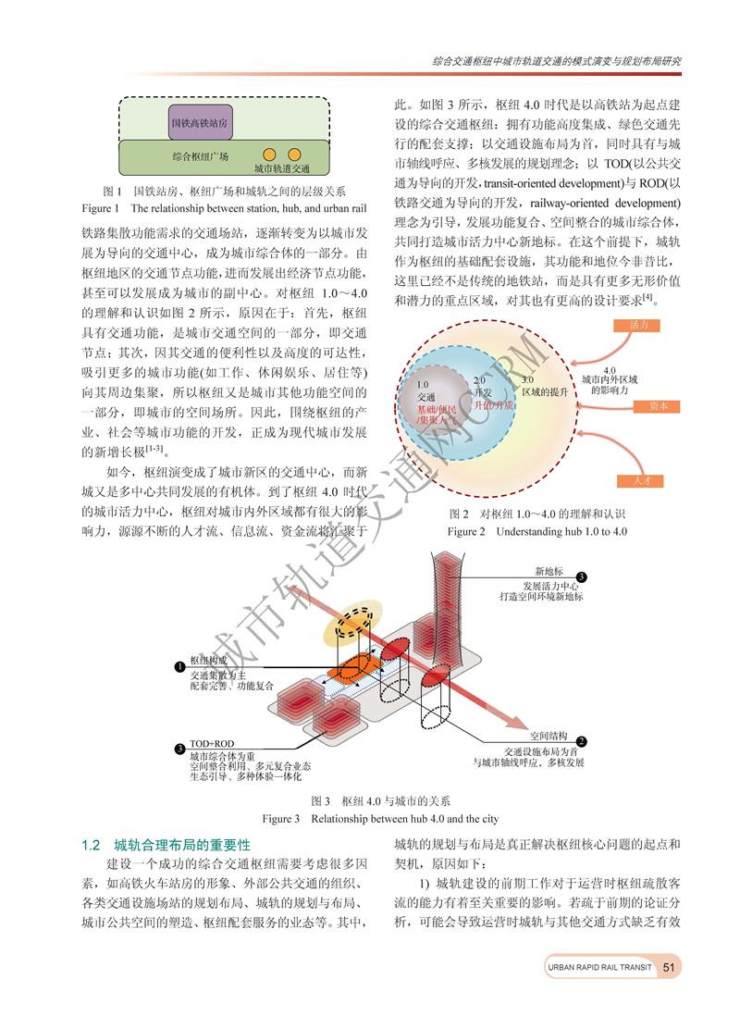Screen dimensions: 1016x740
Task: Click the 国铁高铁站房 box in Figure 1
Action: (199, 121)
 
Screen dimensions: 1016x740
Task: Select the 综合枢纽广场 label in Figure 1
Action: (201, 156)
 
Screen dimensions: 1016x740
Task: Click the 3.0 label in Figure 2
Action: (527, 380)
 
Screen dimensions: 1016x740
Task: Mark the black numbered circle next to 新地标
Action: (594, 576)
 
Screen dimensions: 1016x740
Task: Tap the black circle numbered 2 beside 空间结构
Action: (581, 741)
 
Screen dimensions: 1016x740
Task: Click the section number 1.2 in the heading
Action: (92, 846)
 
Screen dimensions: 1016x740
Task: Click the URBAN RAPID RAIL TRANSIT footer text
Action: (598, 967)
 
